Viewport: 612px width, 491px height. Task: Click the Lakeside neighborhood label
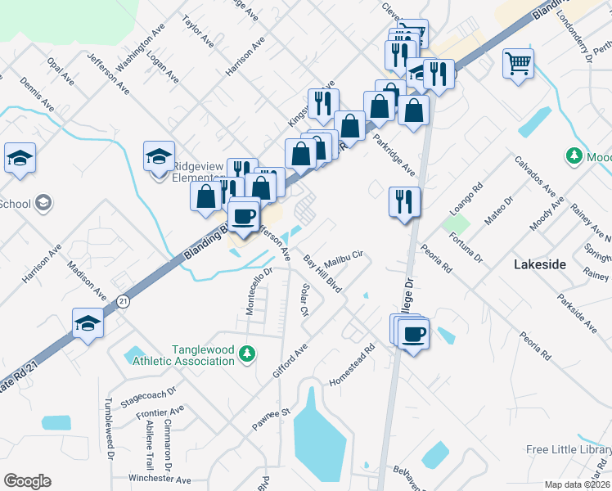pos(539,264)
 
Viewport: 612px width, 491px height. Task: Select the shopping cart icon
pos(519,63)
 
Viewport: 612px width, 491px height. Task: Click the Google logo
pos(26,480)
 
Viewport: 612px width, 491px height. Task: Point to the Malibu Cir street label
pos(346,257)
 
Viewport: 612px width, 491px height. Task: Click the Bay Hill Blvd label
pos(322,274)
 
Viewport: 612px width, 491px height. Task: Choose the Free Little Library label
pos(569,449)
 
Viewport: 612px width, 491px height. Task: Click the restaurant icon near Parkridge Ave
pos(403,202)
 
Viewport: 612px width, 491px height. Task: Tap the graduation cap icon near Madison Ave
pos(87,323)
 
